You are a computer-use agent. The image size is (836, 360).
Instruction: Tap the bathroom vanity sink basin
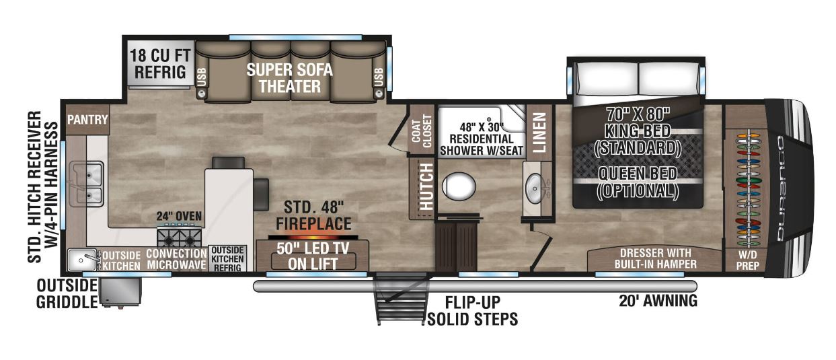point(536,187)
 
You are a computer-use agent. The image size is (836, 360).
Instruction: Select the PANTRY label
point(87,120)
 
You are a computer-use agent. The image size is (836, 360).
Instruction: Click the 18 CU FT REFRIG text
point(158,63)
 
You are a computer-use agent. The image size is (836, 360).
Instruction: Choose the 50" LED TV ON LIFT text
point(313,255)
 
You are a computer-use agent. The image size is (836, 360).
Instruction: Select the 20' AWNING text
point(657,301)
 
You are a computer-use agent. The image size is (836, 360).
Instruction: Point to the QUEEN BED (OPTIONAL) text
point(638,182)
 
